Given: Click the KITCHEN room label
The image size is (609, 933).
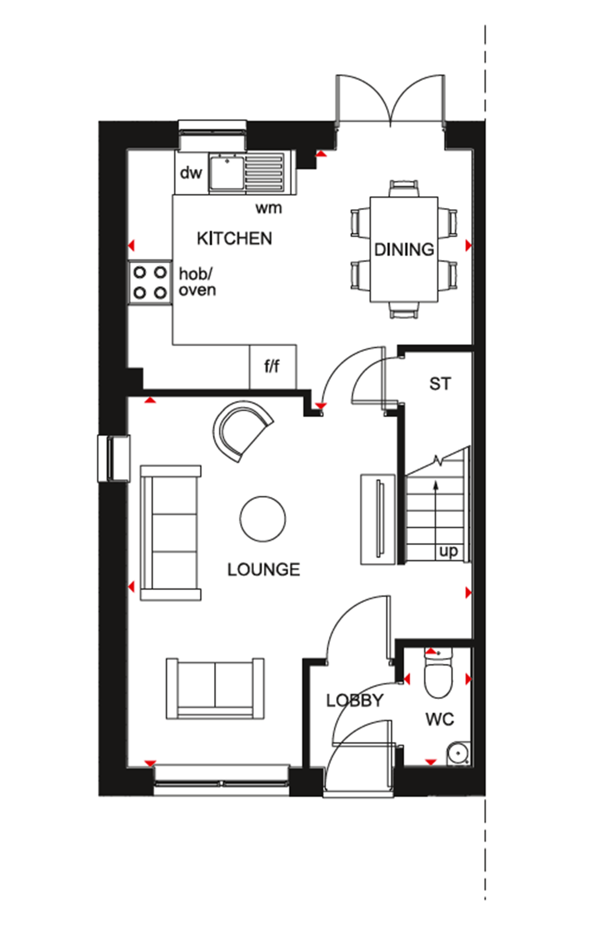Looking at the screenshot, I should pyautogui.click(x=234, y=238).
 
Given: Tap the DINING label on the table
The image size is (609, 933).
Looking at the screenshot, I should pyautogui.click(x=404, y=249).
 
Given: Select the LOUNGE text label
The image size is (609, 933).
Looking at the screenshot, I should pyautogui.click(x=263, y=569).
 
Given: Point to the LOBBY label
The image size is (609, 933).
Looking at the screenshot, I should pyautogui.click(x=354, y=700).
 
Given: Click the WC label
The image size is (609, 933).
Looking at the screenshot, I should pyautogui.click(x=440, y=720).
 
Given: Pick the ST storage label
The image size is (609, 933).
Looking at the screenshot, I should pyautogui.click(x=440, y=384).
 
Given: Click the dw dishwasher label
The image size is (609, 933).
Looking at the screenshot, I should pyautogui.click(x=191, y=173).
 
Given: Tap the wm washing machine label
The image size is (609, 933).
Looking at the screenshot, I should pyautogui.click(x=268, y=208).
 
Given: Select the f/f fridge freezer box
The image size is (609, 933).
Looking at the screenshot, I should pyautogui.click(x=272, y=367).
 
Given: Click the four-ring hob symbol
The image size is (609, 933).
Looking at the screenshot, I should pyautogui.click(x=150, y=282).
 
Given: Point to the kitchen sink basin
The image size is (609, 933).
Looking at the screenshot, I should pyautogui.click(x=226, y=172).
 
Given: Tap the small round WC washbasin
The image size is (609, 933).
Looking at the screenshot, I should pyautogui.click(x=457, y=752).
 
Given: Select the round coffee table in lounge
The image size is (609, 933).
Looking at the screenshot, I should pyautogui.click(x=263, y=518).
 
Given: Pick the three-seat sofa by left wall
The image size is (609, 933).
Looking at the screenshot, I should pyautogui.click(x=171, y=532).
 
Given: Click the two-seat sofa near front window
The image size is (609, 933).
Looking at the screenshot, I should pyautogui.click(x=215, y=688).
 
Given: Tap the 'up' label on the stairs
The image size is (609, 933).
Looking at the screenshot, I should pyautogui.click(x=448, y=551).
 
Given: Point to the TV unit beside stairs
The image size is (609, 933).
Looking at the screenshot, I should pyautogui.click(x=378, y=518).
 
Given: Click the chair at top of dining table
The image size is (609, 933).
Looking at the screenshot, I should pyautogui.click(x=404, y=188).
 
